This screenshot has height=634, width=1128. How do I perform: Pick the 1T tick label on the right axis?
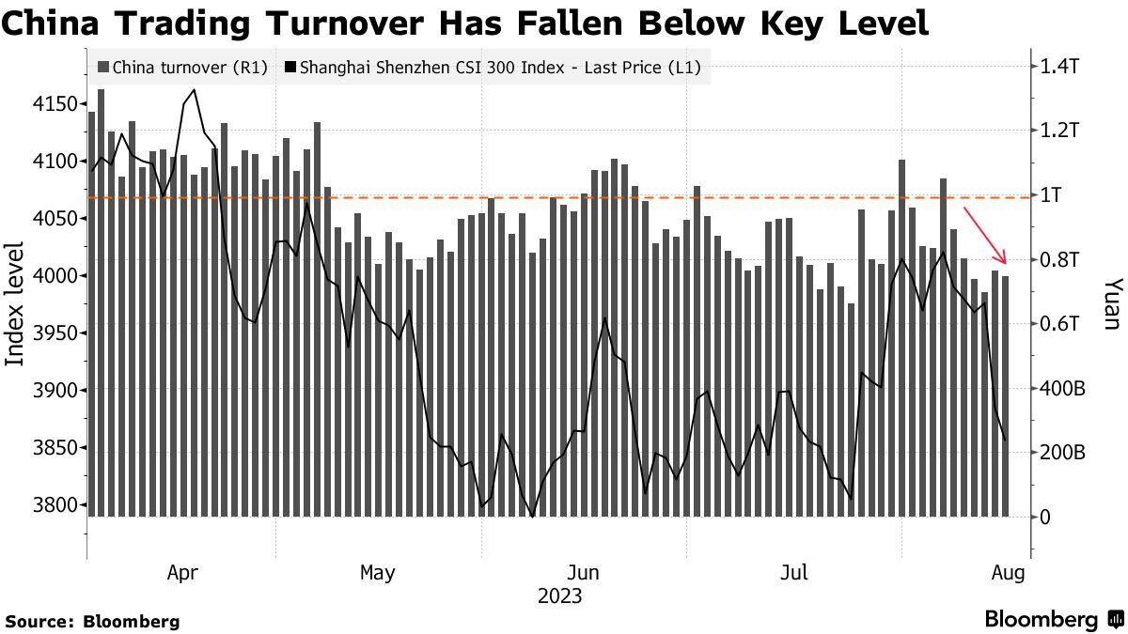(1052, 195)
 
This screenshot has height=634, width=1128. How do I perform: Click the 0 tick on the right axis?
(1045, 517)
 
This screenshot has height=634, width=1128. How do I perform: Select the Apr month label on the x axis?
(181, 572)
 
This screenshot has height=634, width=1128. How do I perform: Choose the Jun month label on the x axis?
(585, 572)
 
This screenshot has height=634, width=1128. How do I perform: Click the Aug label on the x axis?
(1009, 572)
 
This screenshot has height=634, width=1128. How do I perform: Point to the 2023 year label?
(559, 596)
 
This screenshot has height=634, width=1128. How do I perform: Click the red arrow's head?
(1004, 261)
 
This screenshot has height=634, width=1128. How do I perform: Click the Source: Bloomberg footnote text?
(92, 621)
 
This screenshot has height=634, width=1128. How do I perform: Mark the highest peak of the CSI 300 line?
(194, 90)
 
